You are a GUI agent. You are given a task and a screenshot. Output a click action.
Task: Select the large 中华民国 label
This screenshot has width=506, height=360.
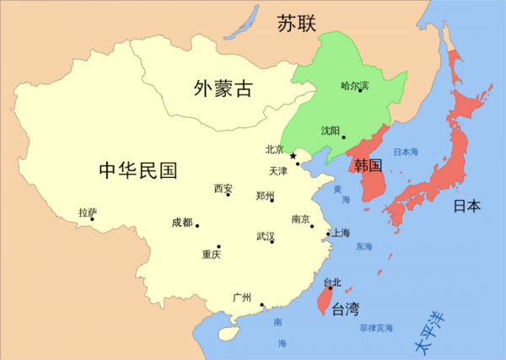click(x=138, y=171)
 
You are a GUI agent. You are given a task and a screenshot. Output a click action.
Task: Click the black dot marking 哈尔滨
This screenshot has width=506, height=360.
click(x=360, y=90)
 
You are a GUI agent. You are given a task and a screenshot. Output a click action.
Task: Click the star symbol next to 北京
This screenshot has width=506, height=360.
click(x=293, y=156)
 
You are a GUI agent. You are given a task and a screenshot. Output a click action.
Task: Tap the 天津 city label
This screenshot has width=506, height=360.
click(x=278, y=170)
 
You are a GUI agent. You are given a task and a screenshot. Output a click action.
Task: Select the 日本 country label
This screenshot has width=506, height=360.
click(x=467, y=206)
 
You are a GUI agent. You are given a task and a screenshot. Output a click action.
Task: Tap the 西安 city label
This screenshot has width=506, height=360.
click(x=223, y=188)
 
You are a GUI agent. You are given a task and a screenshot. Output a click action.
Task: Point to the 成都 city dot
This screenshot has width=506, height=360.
click(x=197, y=225)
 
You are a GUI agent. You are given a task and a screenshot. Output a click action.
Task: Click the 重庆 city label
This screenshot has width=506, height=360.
click(x=211, y=255)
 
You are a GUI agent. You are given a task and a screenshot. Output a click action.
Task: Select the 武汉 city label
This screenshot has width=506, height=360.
click(x=265, y=237)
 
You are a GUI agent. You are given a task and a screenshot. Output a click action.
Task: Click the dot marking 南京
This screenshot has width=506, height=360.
click(x=312, y=226)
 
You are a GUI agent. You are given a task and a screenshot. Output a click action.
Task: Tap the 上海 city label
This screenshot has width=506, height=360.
click(x=341, y=232)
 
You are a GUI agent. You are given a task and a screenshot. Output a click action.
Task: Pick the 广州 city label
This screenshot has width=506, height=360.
click(x=242, y=298)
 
